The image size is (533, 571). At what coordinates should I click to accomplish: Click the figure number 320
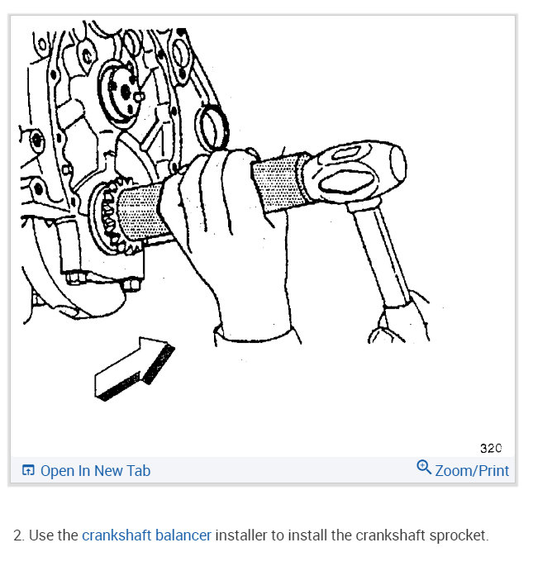(490, 449)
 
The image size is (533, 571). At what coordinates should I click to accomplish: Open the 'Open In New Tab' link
(95, 470)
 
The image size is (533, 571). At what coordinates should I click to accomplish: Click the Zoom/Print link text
(472, 470)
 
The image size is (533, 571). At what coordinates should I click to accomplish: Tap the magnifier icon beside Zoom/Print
(424, 469)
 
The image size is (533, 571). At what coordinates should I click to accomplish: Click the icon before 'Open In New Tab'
(28, 471)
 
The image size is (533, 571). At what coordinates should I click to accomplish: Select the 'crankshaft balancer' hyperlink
(146, 535)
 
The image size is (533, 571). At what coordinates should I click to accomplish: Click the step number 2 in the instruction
(17, 535)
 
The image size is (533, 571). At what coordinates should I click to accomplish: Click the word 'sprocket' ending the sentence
(459, 535)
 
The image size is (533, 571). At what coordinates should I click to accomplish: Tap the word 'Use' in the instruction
(41, 535)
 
